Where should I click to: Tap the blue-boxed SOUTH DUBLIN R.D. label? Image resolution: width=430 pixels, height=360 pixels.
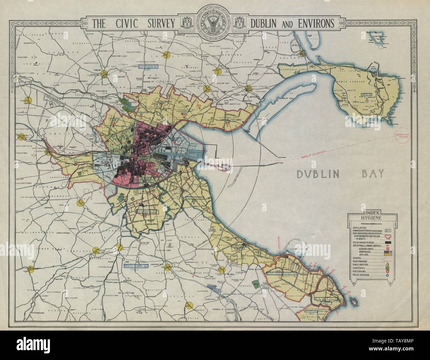pos(135,265)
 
